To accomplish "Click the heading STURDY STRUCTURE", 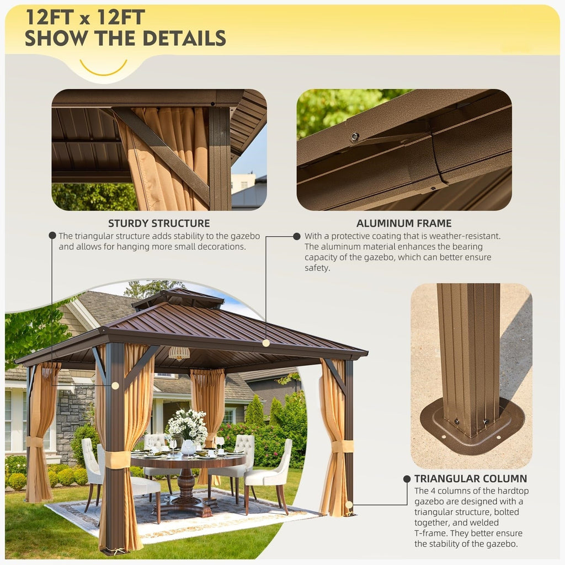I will (159, 223).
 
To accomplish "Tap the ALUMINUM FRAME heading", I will (404, 223).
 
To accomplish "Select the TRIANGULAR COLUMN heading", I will (471, 479).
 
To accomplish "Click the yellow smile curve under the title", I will (103, 68).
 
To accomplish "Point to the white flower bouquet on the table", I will (188, 427).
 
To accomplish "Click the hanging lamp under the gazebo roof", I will (179, 353).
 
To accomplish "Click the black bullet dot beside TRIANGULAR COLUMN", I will (407, 479).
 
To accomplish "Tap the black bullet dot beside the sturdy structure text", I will (52, 236).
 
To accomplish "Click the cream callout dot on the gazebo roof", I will (266, 343).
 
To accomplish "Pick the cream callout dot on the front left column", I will (115, 386).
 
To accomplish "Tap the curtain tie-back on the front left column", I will (117, 460).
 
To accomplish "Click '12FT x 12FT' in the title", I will (86, 17).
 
